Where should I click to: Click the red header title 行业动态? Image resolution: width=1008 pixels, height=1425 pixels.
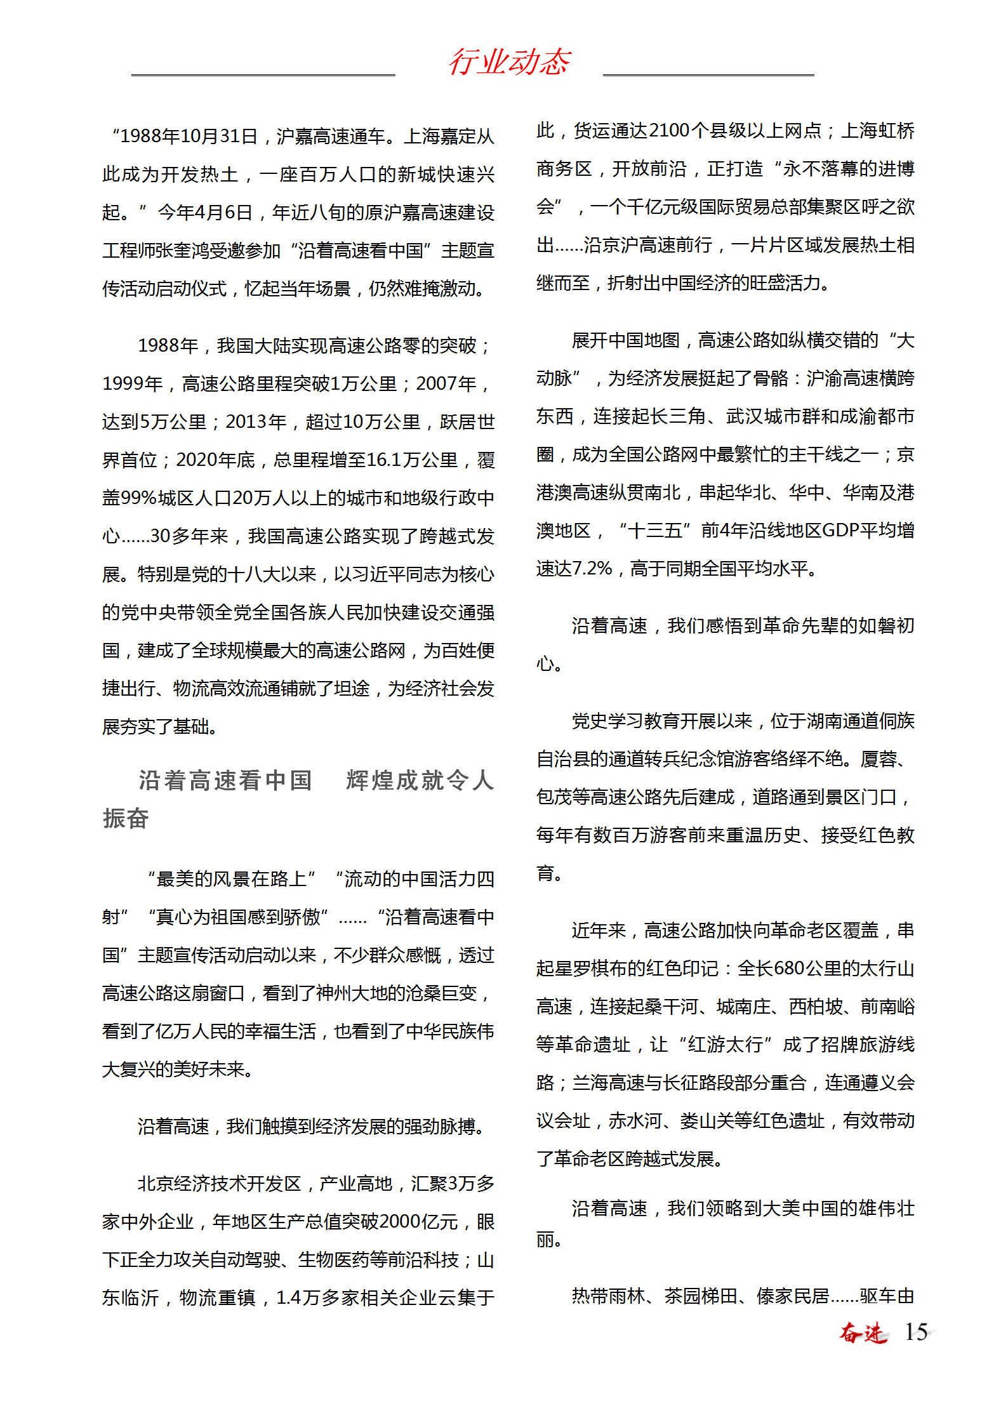tap(509, 62)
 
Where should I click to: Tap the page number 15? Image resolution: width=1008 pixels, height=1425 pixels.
tap(915, 1332)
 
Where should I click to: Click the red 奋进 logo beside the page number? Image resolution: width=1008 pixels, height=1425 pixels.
tap(863, 1332)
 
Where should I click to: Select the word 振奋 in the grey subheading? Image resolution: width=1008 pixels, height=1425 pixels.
tap(126, 818)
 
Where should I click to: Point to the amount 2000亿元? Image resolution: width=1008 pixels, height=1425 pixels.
tap(419, 1222)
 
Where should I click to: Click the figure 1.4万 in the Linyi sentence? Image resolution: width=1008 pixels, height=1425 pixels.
tap(298, 1298)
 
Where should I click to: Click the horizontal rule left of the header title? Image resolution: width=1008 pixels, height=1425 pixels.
tap(263, 75)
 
